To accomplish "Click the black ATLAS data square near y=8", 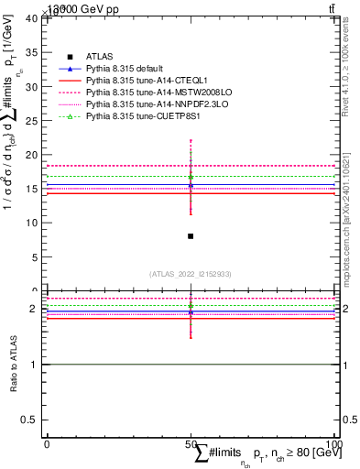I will (190, 236).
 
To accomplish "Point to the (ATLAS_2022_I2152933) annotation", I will (190, 274).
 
